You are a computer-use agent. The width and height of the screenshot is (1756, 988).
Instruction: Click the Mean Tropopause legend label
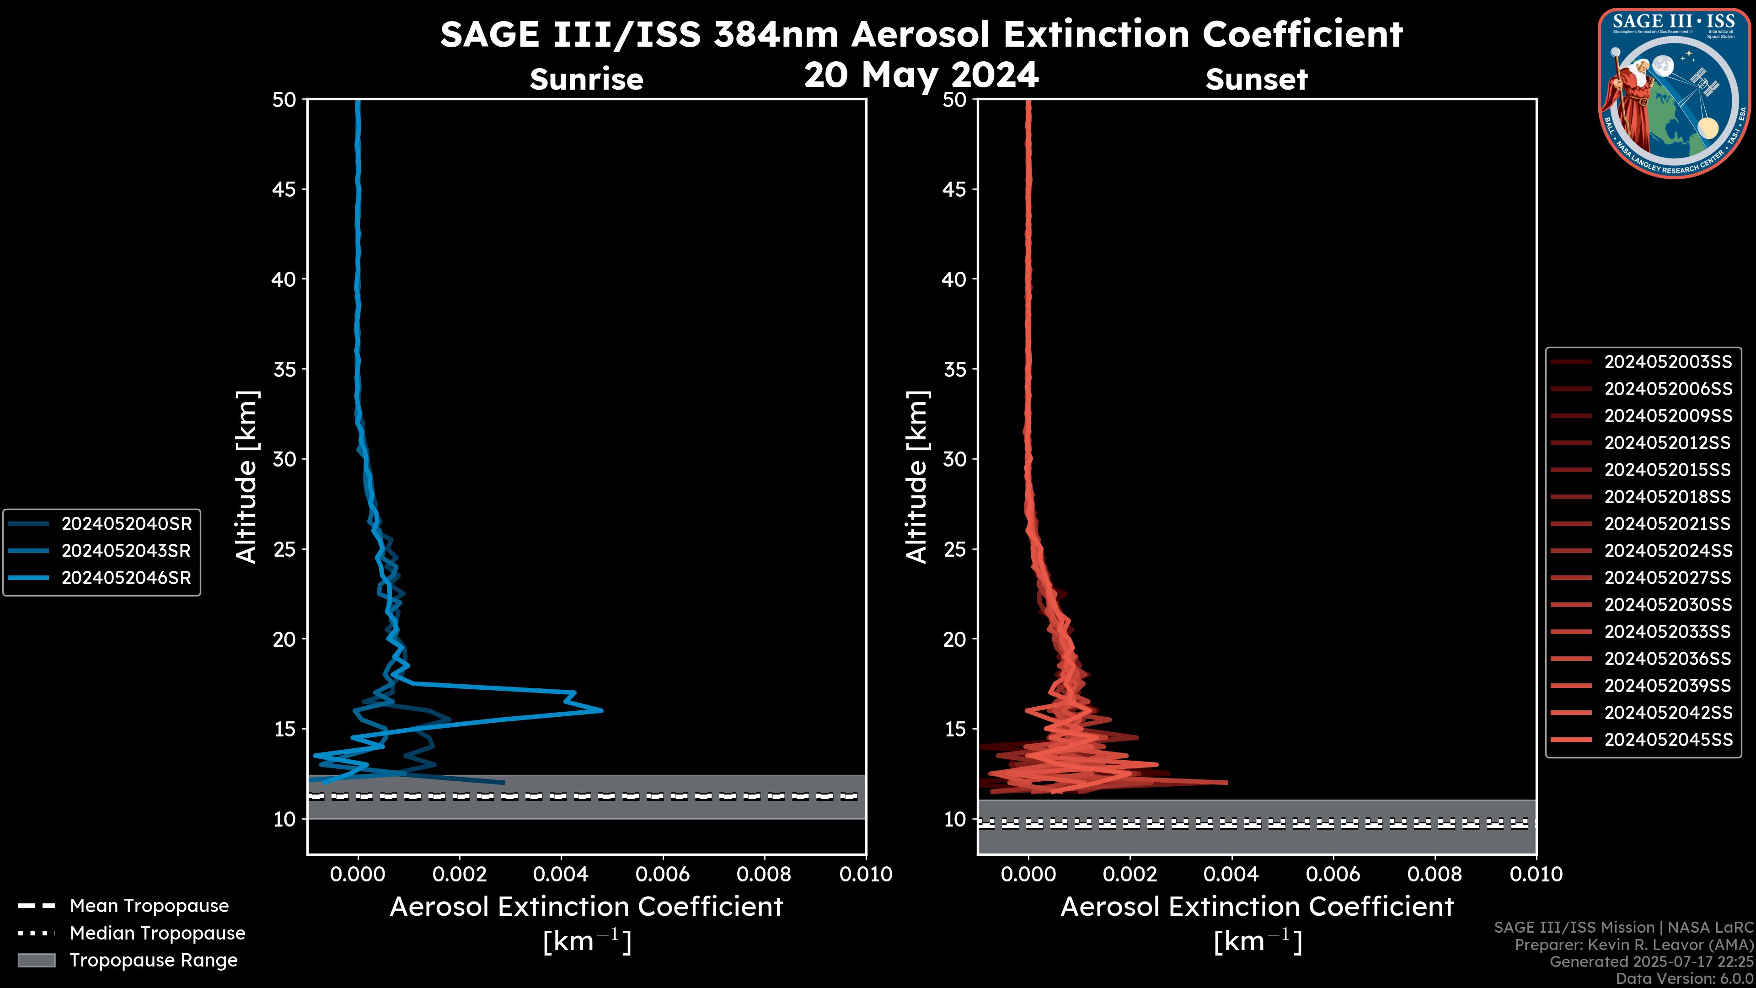149,906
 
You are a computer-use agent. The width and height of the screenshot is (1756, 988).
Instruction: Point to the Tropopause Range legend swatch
36,960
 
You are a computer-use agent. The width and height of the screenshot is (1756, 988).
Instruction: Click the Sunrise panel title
586,79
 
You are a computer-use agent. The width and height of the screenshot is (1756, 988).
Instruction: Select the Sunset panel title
1256,79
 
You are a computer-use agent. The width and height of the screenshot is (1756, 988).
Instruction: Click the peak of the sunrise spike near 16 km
602,710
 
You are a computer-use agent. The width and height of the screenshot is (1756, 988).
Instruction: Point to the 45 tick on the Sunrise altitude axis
284,189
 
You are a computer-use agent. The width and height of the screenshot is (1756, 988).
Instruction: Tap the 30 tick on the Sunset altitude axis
955,459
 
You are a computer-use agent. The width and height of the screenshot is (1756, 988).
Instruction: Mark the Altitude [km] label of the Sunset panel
917,477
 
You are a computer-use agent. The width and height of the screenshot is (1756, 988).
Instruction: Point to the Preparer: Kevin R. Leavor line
1633,945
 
